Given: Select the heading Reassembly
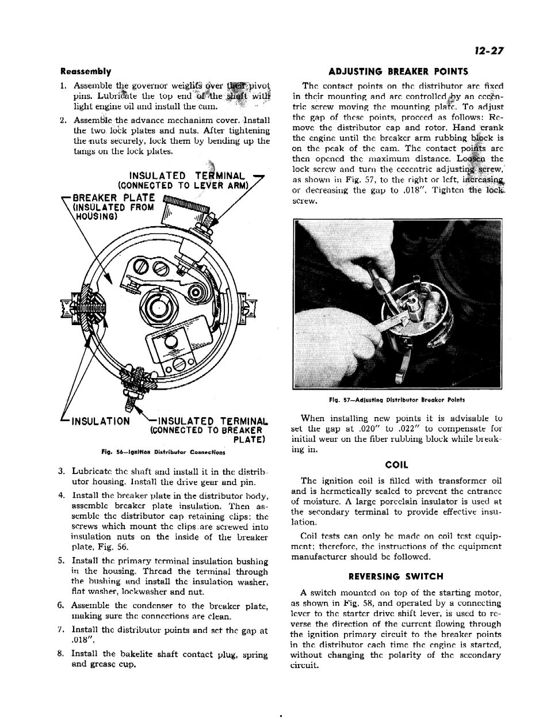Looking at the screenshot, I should (x=86, y=72).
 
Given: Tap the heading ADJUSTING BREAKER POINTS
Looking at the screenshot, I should (x=398, y=72).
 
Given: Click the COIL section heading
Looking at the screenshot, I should (x=396, y=465).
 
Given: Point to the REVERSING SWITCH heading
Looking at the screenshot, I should (x=396, y=576).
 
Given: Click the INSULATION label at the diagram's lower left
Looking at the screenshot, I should (x=100, y=421).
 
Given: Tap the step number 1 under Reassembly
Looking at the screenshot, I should (x=63, y=86).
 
